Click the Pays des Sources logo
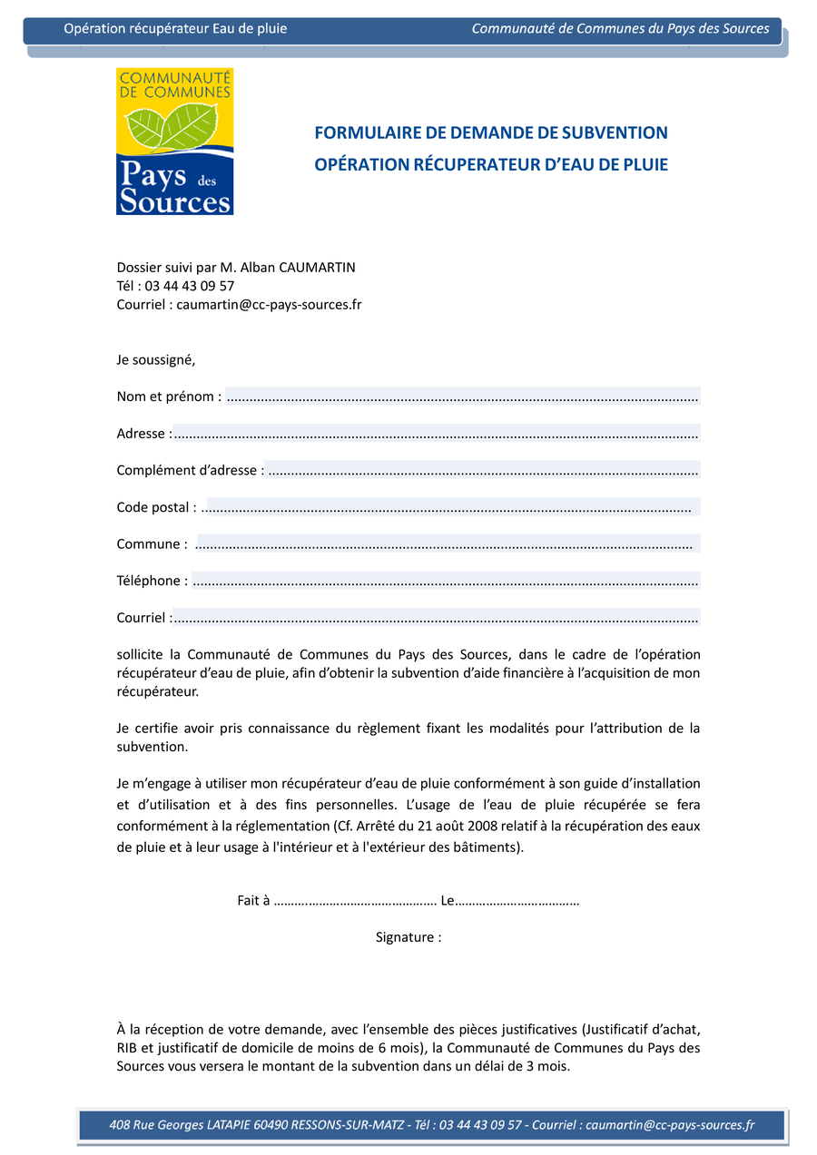[174, 142]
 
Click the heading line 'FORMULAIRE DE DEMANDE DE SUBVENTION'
[490, 133]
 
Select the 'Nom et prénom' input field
[462, 396]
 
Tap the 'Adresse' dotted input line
[436, 434]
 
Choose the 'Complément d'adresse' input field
[484, 470]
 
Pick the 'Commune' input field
[447, 544]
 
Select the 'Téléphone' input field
[445, 581]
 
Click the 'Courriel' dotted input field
[436, 618]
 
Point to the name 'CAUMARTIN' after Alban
[318, 268]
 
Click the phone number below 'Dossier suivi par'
[190, 286]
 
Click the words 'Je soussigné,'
[156, 359]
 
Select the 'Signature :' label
[408, 937]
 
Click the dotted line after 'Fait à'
[355, 901]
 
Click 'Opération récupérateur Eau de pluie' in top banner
[175, 29]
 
